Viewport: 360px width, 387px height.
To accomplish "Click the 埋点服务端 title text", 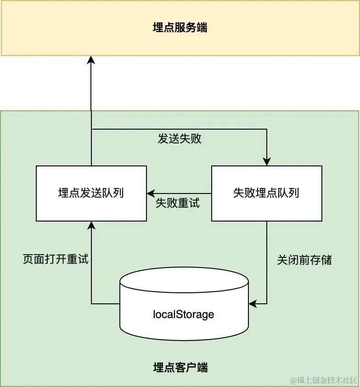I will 180,28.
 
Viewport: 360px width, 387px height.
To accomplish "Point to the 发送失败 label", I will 180,139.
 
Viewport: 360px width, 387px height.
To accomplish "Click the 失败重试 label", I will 178,203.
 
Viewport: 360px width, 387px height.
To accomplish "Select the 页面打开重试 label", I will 55,259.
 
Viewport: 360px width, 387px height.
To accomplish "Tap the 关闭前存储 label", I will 304,260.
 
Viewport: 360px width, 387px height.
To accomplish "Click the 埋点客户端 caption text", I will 180,367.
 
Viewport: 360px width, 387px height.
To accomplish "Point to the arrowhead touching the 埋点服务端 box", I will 91,60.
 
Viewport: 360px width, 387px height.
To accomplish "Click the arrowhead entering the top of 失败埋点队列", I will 266,161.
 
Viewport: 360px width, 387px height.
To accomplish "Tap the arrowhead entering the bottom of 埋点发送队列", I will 91,225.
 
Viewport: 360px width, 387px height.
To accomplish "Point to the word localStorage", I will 183,315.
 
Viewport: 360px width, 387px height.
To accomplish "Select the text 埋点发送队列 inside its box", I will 91,193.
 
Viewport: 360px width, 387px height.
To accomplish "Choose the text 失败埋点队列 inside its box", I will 266,193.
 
